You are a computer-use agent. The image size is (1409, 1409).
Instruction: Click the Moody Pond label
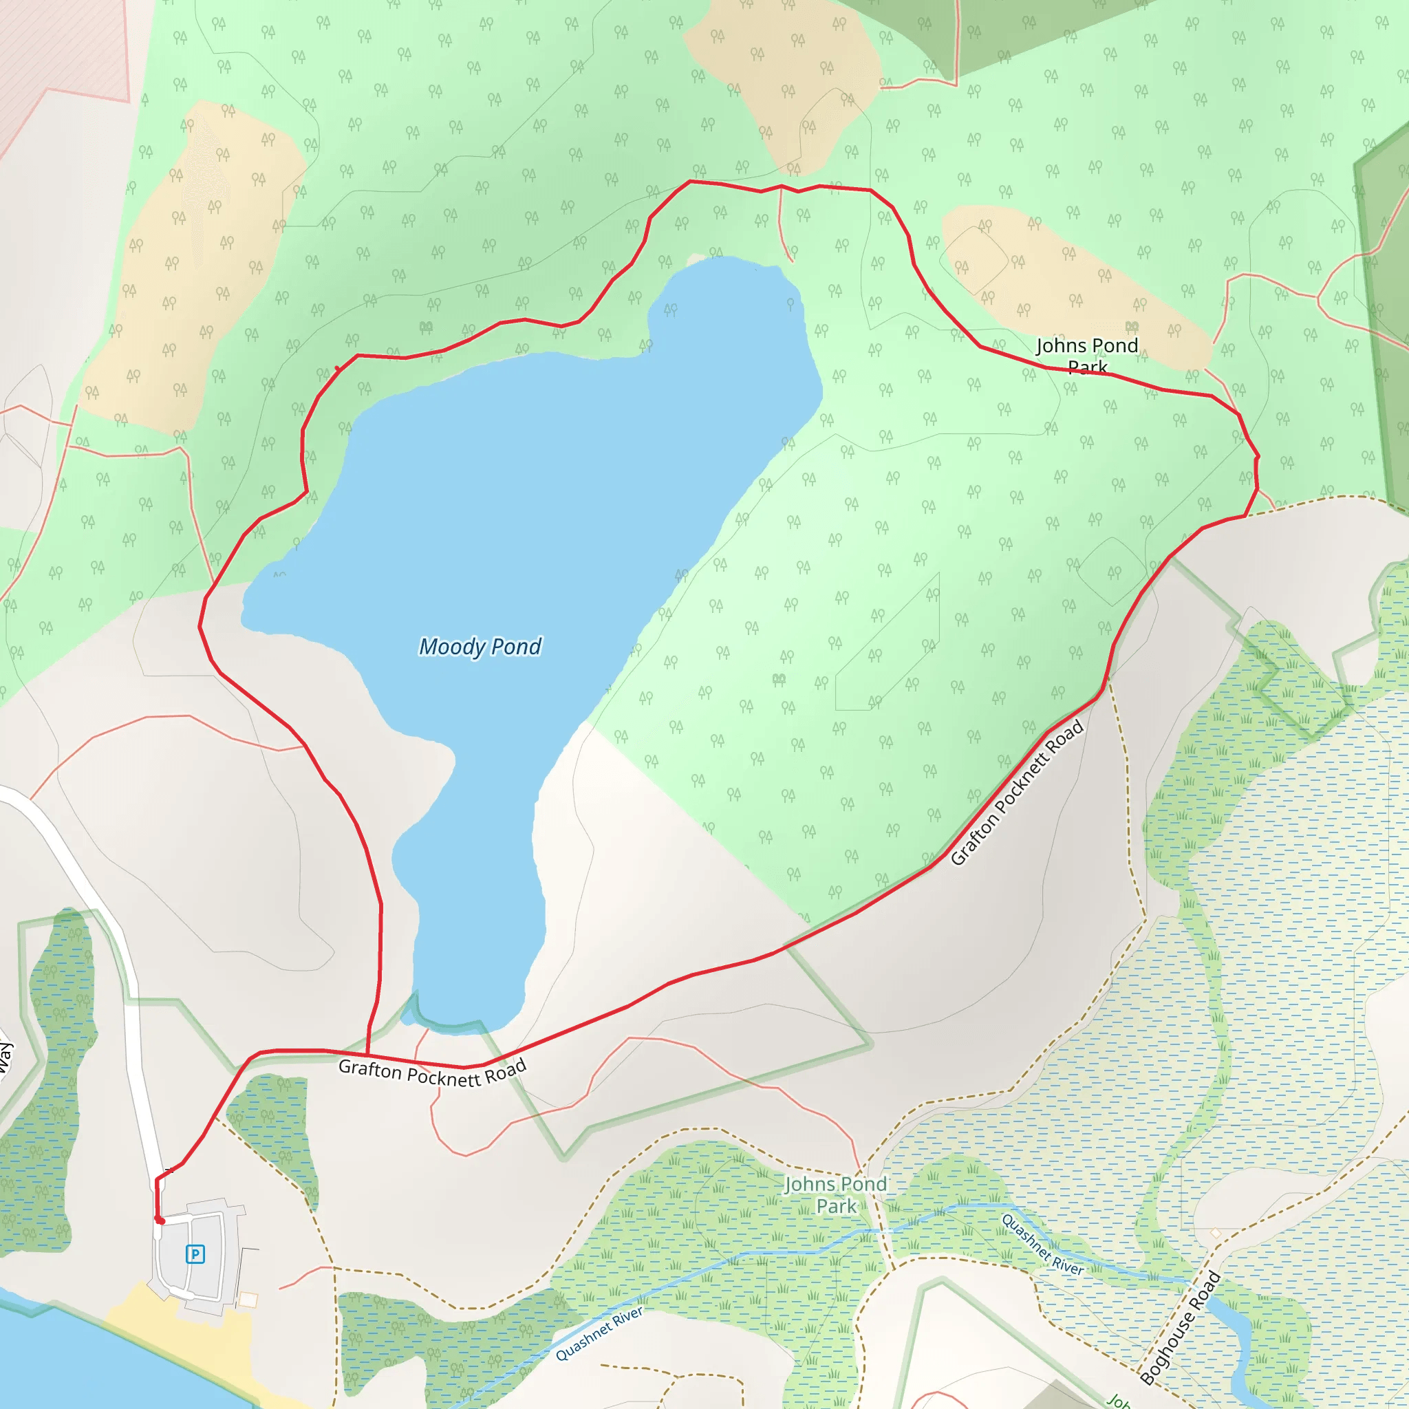point(480,647)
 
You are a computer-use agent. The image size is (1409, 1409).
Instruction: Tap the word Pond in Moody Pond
point(515,647)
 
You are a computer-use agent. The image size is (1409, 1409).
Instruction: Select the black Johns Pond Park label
point(1086,355)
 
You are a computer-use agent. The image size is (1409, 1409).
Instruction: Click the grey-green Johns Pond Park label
point(836,1194)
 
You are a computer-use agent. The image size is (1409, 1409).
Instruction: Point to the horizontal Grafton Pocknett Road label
point(432,1073)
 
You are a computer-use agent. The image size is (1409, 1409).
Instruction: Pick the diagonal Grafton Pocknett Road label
point(1018,793)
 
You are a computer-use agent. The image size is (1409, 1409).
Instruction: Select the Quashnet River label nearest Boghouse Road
point(1042,1244)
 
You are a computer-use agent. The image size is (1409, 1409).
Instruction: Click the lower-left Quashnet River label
point(599,1334)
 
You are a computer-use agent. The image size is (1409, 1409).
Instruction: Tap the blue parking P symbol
point(195,1254)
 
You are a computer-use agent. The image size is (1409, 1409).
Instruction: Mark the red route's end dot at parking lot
point(160,1220)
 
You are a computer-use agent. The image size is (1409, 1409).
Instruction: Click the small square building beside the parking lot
point(248,1300)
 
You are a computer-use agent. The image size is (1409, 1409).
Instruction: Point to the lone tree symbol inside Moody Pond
point(790,303)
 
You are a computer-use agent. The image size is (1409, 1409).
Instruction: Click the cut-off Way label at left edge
point(5,1057)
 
